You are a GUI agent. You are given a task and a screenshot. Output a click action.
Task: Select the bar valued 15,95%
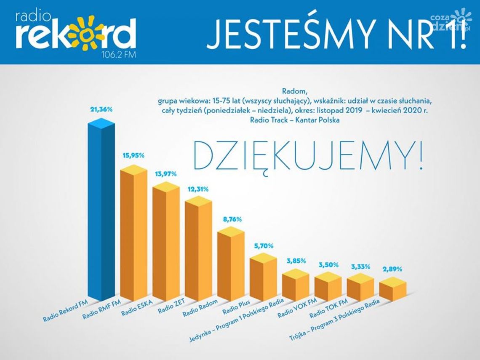[133, 236]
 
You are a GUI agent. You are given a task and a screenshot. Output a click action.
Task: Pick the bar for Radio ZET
[198, 251]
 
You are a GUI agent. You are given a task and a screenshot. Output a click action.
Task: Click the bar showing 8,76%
[231, 265]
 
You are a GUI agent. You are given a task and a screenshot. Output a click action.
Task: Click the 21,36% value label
[101, 110]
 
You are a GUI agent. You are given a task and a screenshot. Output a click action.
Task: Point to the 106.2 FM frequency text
[120, 55]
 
